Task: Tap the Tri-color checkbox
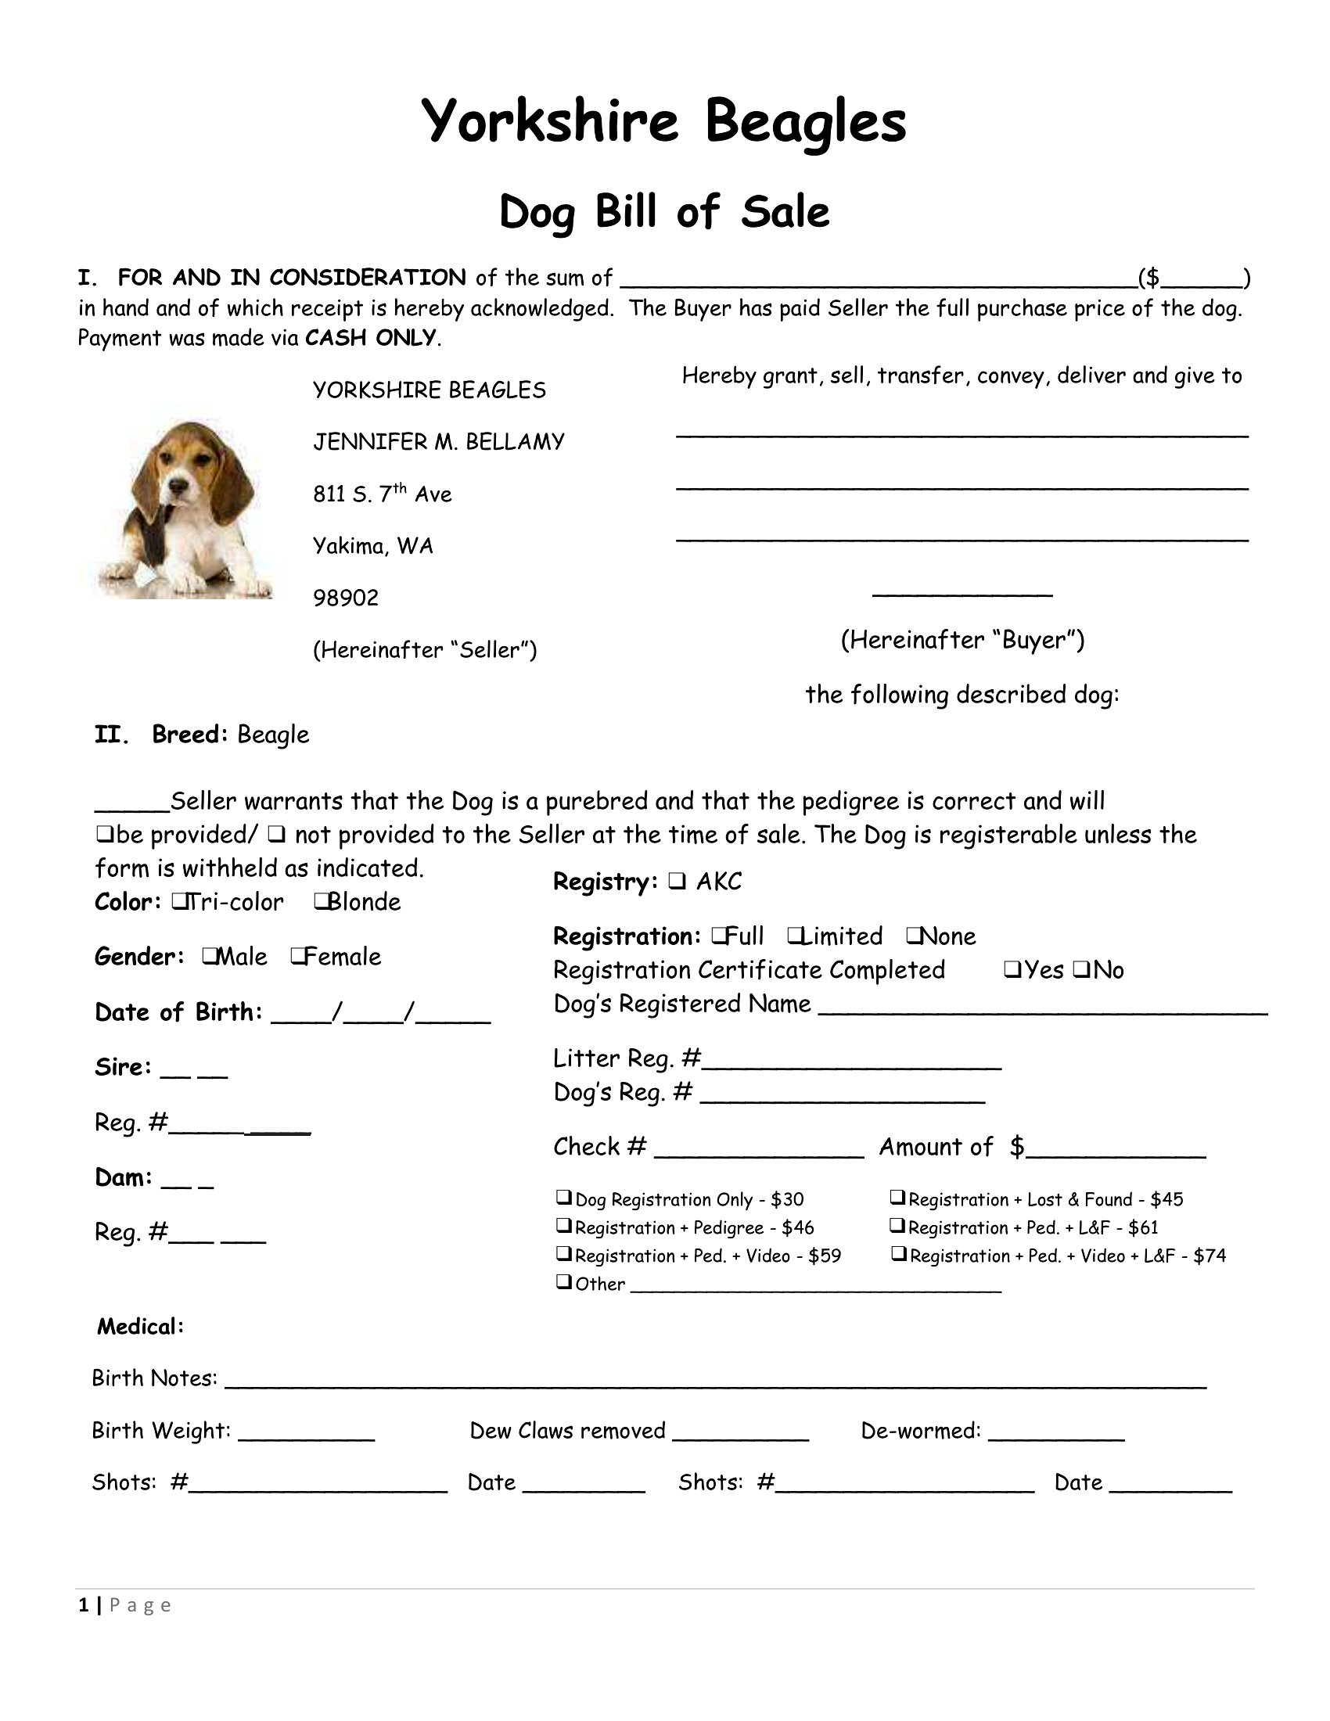click(178, 900)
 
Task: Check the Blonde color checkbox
click(321, 900)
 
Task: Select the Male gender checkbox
click(209, 955)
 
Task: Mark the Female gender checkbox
click(298, 955)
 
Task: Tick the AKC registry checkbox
click(676, 881)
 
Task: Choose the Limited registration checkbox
click(795, 935)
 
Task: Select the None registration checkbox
click(913, 935)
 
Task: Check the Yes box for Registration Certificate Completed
click(1012, 969)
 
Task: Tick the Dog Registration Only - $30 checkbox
click(563, 1198)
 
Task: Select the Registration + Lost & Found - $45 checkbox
click(897, 1198)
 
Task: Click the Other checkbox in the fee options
click(563, 1282)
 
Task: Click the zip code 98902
click(346, 598)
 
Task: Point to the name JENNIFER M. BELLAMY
click(439, 442)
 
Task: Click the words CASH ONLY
click(370, 338)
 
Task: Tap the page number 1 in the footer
click(84, 1605)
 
